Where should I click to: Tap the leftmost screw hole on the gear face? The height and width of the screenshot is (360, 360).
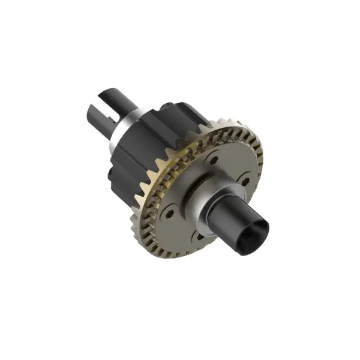[169, 211]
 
